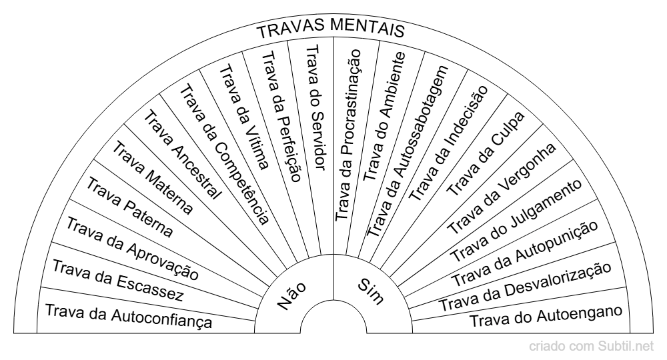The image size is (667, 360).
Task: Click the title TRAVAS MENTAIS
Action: coord(331,31)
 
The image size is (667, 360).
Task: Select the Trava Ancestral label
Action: coord(181,153)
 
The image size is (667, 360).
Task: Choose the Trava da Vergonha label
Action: coord(500,188)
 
